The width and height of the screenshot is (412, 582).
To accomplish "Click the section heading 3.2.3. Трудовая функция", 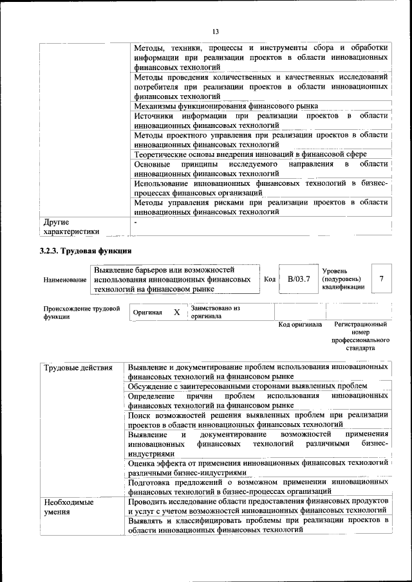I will [x=86, y=251].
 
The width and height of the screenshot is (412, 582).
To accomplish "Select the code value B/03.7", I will [x=299, y=278].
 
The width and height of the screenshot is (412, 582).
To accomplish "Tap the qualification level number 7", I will [x=382, y=278].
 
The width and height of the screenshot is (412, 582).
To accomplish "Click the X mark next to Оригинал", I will [x=176, y=312].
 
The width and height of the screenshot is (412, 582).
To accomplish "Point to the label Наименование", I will [x=64, y=280].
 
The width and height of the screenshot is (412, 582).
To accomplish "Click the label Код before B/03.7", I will [x=270, y=279].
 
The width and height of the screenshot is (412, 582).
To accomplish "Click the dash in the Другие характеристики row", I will [x=136, y=222].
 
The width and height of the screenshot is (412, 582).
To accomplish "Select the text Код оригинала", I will [x=300, y=325].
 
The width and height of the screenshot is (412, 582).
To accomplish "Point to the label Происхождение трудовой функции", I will [x=82, y=313].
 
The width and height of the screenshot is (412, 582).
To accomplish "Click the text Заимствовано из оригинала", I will [x=215, y=313].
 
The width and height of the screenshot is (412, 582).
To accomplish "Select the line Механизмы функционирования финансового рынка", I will [x=226, y=105].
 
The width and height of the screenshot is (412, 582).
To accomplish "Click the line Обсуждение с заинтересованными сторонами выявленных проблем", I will [x=247, y=385].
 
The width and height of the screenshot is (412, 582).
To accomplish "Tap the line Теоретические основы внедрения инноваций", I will [x=250, y=154].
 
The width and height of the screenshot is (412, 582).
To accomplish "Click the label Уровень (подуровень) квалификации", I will [x=342, y=279].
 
